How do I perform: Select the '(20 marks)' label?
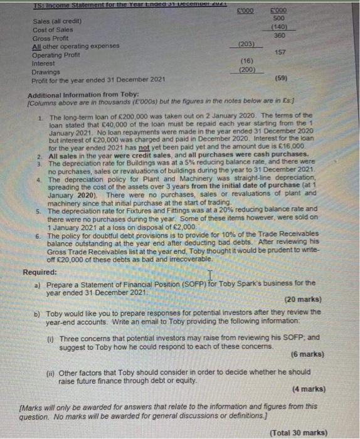pyautogui.click(x=304, y=299)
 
